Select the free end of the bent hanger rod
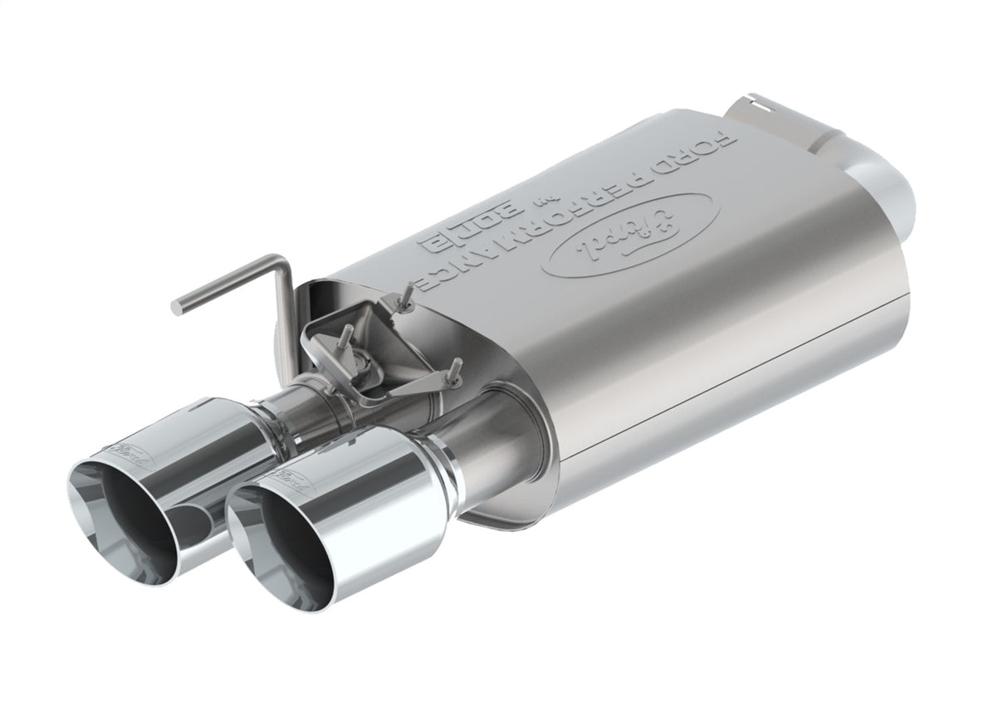pyautogui.click(x=177, y=307)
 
